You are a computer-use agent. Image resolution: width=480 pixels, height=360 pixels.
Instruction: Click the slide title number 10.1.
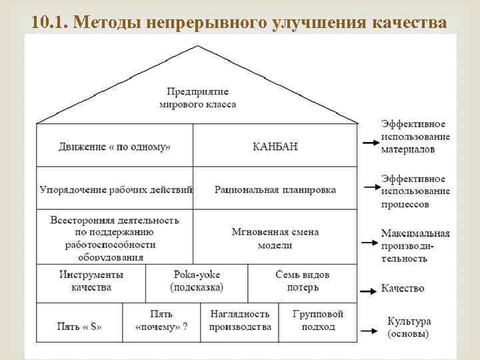pyautogui.click(x=50, y=22)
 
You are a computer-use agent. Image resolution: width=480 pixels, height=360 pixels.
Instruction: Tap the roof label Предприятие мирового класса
pyautogui.click(x=198, y=97)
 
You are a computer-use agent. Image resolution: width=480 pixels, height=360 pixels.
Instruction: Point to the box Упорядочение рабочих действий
pyautogui.click(x=115, y=189)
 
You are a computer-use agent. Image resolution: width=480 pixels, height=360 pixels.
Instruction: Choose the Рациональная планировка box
pyautogui.click(x=275, y=189)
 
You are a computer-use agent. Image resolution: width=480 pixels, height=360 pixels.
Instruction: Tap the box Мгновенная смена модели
pyautogui.click(x=275, y=238)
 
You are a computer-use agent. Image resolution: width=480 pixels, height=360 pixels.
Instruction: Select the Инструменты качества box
pyautogui.click(x=91, y=281)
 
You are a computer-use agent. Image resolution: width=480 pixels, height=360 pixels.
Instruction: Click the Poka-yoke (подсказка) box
pyautogui.click(x=197, y=281)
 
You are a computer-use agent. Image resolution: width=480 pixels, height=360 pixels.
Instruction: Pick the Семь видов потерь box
pyautogui.click(x=302, y=281)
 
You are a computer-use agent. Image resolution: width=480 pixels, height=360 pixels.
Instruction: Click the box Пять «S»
pyautogui.click(x=79, y=327)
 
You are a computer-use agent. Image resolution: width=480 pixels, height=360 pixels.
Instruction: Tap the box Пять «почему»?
pyautogui.click(x=161, y=320)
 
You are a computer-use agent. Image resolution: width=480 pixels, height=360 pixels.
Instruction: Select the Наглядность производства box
pyautogui.click(x=240, y=320)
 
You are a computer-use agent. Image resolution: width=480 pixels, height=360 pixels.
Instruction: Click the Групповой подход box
pyautogui.click(x=318, y=320)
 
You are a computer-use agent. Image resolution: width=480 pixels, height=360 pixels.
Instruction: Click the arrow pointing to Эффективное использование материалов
pyautogui.click(x=369, y=141)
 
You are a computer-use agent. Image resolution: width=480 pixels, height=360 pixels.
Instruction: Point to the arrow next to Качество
pyautogui.click(x=369, y=290)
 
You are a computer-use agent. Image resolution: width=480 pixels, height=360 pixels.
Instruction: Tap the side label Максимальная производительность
pyautogui.click(x=415, y=245)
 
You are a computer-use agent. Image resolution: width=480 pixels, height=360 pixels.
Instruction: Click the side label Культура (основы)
pyautogui.click(x=407, y=327)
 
